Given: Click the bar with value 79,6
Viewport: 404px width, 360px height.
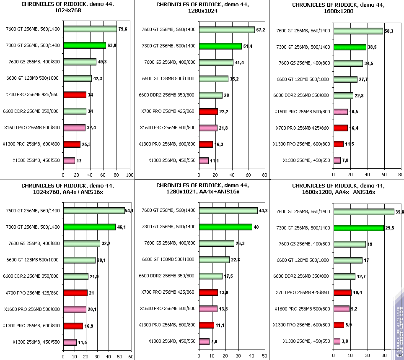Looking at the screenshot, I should (90, 29).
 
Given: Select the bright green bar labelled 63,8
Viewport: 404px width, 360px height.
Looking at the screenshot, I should (84, 45).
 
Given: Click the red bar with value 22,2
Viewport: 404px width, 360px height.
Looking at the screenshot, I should (208, 111).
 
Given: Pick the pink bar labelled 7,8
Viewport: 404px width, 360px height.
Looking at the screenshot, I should (337, 160).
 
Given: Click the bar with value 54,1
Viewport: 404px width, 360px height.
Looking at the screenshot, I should (94, 210).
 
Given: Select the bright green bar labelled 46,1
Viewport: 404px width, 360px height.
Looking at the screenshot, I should (89, 227).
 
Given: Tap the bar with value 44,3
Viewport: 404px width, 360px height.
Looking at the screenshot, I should (228, 210).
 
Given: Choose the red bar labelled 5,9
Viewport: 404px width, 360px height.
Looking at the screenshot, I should (339, 325).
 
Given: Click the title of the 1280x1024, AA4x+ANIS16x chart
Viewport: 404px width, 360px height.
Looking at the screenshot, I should (202, 188).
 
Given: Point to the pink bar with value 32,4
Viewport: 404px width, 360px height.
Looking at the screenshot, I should (74, 128).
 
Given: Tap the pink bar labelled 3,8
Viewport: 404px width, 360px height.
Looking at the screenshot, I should (337, 341).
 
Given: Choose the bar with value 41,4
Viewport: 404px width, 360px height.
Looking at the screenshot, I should (216, 62).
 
